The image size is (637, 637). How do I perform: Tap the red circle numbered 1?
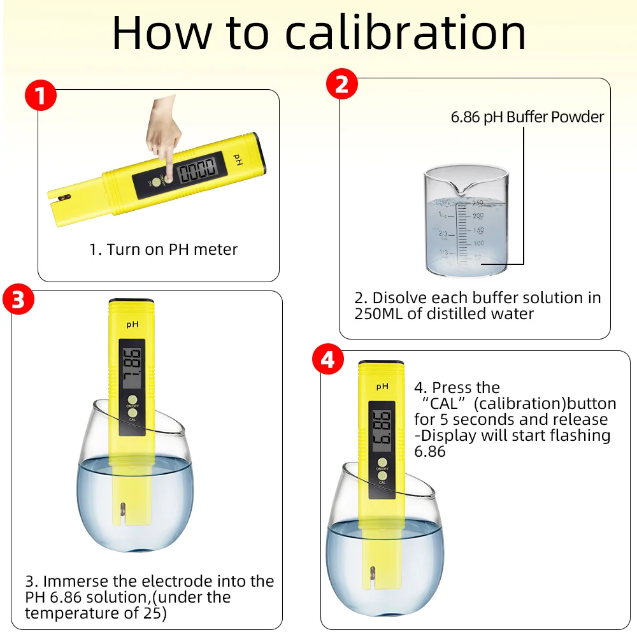(41, 97)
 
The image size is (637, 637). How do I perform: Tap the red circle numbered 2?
(342, 85)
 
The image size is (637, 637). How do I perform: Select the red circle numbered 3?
(18, 299)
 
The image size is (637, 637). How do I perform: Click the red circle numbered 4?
(327, 361)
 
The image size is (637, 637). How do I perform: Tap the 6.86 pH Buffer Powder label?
(527, 117)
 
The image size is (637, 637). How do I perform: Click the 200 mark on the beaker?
(477, 217)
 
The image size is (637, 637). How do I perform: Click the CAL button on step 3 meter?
(132, 412)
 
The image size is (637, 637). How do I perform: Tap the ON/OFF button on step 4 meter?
(382, 462)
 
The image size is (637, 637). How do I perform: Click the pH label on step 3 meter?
(132, 324)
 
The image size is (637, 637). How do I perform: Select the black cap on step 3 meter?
(131, 301)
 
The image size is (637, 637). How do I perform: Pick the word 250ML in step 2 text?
(379, 313)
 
